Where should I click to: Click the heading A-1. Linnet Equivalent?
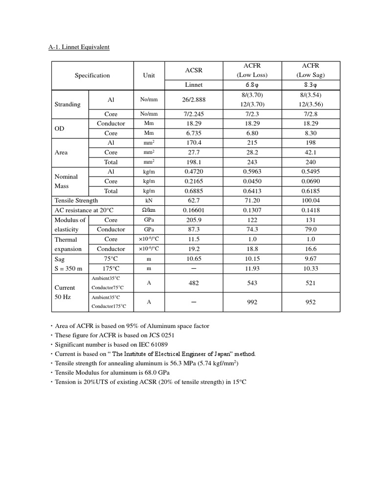(79, 47)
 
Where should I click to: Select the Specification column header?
(92, 75)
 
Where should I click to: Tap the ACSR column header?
(194, 71)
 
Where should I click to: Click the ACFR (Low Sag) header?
(310, 70)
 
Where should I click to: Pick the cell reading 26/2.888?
(194, 100)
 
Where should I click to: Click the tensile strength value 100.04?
(310, 201)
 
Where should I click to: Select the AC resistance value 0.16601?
(194, 210)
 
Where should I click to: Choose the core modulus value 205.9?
(194, 220)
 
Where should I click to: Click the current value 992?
(252, 302)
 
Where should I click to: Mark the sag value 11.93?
(252, 268)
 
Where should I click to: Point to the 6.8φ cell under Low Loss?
(252, 85)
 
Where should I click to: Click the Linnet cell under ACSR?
(194, 85)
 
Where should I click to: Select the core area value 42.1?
(310, 152)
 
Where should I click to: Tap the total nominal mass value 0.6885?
(194, 191)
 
